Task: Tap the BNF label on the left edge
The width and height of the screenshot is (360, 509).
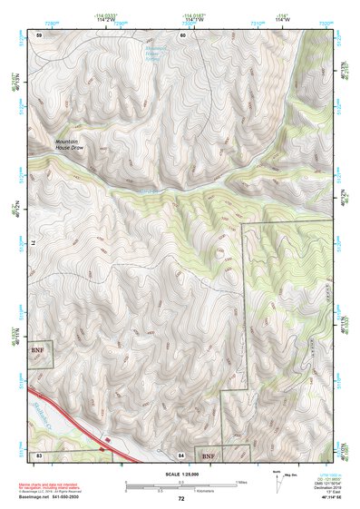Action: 37,347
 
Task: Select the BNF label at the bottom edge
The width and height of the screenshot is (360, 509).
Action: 209,455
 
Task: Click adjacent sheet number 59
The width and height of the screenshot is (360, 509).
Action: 39,34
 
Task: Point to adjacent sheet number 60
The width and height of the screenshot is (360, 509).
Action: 182,34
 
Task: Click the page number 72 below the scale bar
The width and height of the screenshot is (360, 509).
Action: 181,498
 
